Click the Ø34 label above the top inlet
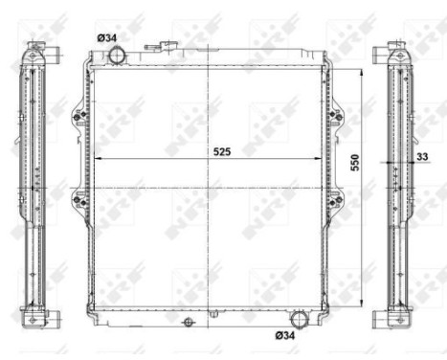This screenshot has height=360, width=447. point(106,37)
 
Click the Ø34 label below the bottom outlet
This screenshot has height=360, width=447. point(285,335)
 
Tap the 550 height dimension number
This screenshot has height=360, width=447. point(355,163)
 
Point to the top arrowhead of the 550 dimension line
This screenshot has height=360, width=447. point(362,70)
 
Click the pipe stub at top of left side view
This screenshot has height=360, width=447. point(35,46)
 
